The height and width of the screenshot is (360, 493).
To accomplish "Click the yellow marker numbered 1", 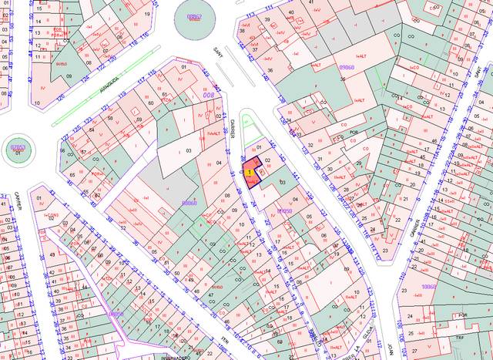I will point(249,172).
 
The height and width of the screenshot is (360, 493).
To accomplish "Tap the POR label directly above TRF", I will point(463,315).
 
